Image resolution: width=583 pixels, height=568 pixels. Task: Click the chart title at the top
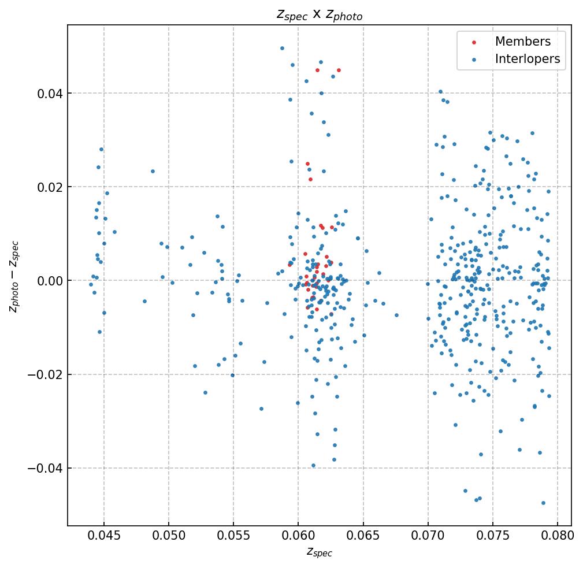point(319,15)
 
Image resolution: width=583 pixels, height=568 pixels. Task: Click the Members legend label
point(522,42)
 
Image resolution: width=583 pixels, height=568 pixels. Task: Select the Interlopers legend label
point(527,59)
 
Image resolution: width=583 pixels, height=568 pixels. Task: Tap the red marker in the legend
point(474,42)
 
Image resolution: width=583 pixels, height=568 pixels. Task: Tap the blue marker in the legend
point(474,60)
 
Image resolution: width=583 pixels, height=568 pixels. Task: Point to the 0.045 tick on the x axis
point(104,535)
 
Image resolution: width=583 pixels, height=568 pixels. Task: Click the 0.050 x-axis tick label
point(169,535)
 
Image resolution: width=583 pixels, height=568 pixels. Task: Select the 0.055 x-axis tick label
point(233,535)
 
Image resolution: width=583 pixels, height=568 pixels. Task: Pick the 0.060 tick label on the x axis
point(298,535)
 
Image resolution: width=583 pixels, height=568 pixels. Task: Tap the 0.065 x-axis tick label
point(363,535)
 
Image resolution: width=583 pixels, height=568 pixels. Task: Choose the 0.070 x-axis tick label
point(428,535)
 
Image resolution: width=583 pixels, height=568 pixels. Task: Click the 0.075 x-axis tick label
point(493,535)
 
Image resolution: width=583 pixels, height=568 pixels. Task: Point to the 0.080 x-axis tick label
point(558,535)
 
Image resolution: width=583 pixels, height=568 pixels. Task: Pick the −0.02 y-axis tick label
point(45,374)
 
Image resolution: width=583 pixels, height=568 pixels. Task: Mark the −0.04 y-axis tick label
point(45,468)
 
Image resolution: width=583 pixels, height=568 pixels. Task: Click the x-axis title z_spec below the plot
point(319,552)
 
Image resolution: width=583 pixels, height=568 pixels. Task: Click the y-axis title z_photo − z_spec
point(14,277)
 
